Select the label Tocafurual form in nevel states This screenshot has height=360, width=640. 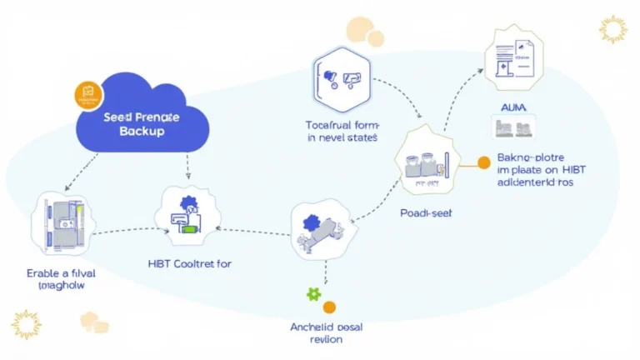[x=342, y=131]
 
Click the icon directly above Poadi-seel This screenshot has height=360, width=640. [x=427, y=163]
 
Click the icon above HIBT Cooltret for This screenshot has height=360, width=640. [x=189, y=216]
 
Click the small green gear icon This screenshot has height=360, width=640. [x=313, y=294]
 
